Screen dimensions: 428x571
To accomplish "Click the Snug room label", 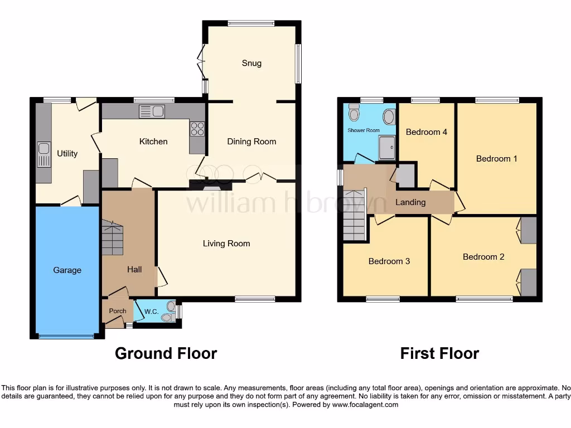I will point(251,63).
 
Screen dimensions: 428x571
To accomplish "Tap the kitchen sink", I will point(152,111).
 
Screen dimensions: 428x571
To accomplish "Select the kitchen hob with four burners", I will point(197,129).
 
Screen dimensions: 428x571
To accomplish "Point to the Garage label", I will point(67,270).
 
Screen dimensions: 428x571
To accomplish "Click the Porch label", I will point(117,311).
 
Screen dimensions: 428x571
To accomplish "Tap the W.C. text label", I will point(151,311).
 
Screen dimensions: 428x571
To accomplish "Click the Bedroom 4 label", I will point(427,132).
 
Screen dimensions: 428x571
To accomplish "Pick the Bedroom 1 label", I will point(496,159).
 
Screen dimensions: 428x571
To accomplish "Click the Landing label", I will point(410,202).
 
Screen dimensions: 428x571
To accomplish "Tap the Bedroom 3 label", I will point(389,261).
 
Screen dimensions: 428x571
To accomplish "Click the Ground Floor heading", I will point(166,353).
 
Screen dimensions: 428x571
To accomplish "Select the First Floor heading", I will point(439,353).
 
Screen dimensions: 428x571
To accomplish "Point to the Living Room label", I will point(226,243).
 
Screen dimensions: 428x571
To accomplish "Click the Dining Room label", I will point(251,142).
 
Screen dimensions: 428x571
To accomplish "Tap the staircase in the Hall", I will point(112,237).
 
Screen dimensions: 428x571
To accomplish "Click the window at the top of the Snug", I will point(251,23).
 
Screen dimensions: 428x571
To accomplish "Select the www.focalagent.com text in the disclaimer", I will point(365,405).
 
